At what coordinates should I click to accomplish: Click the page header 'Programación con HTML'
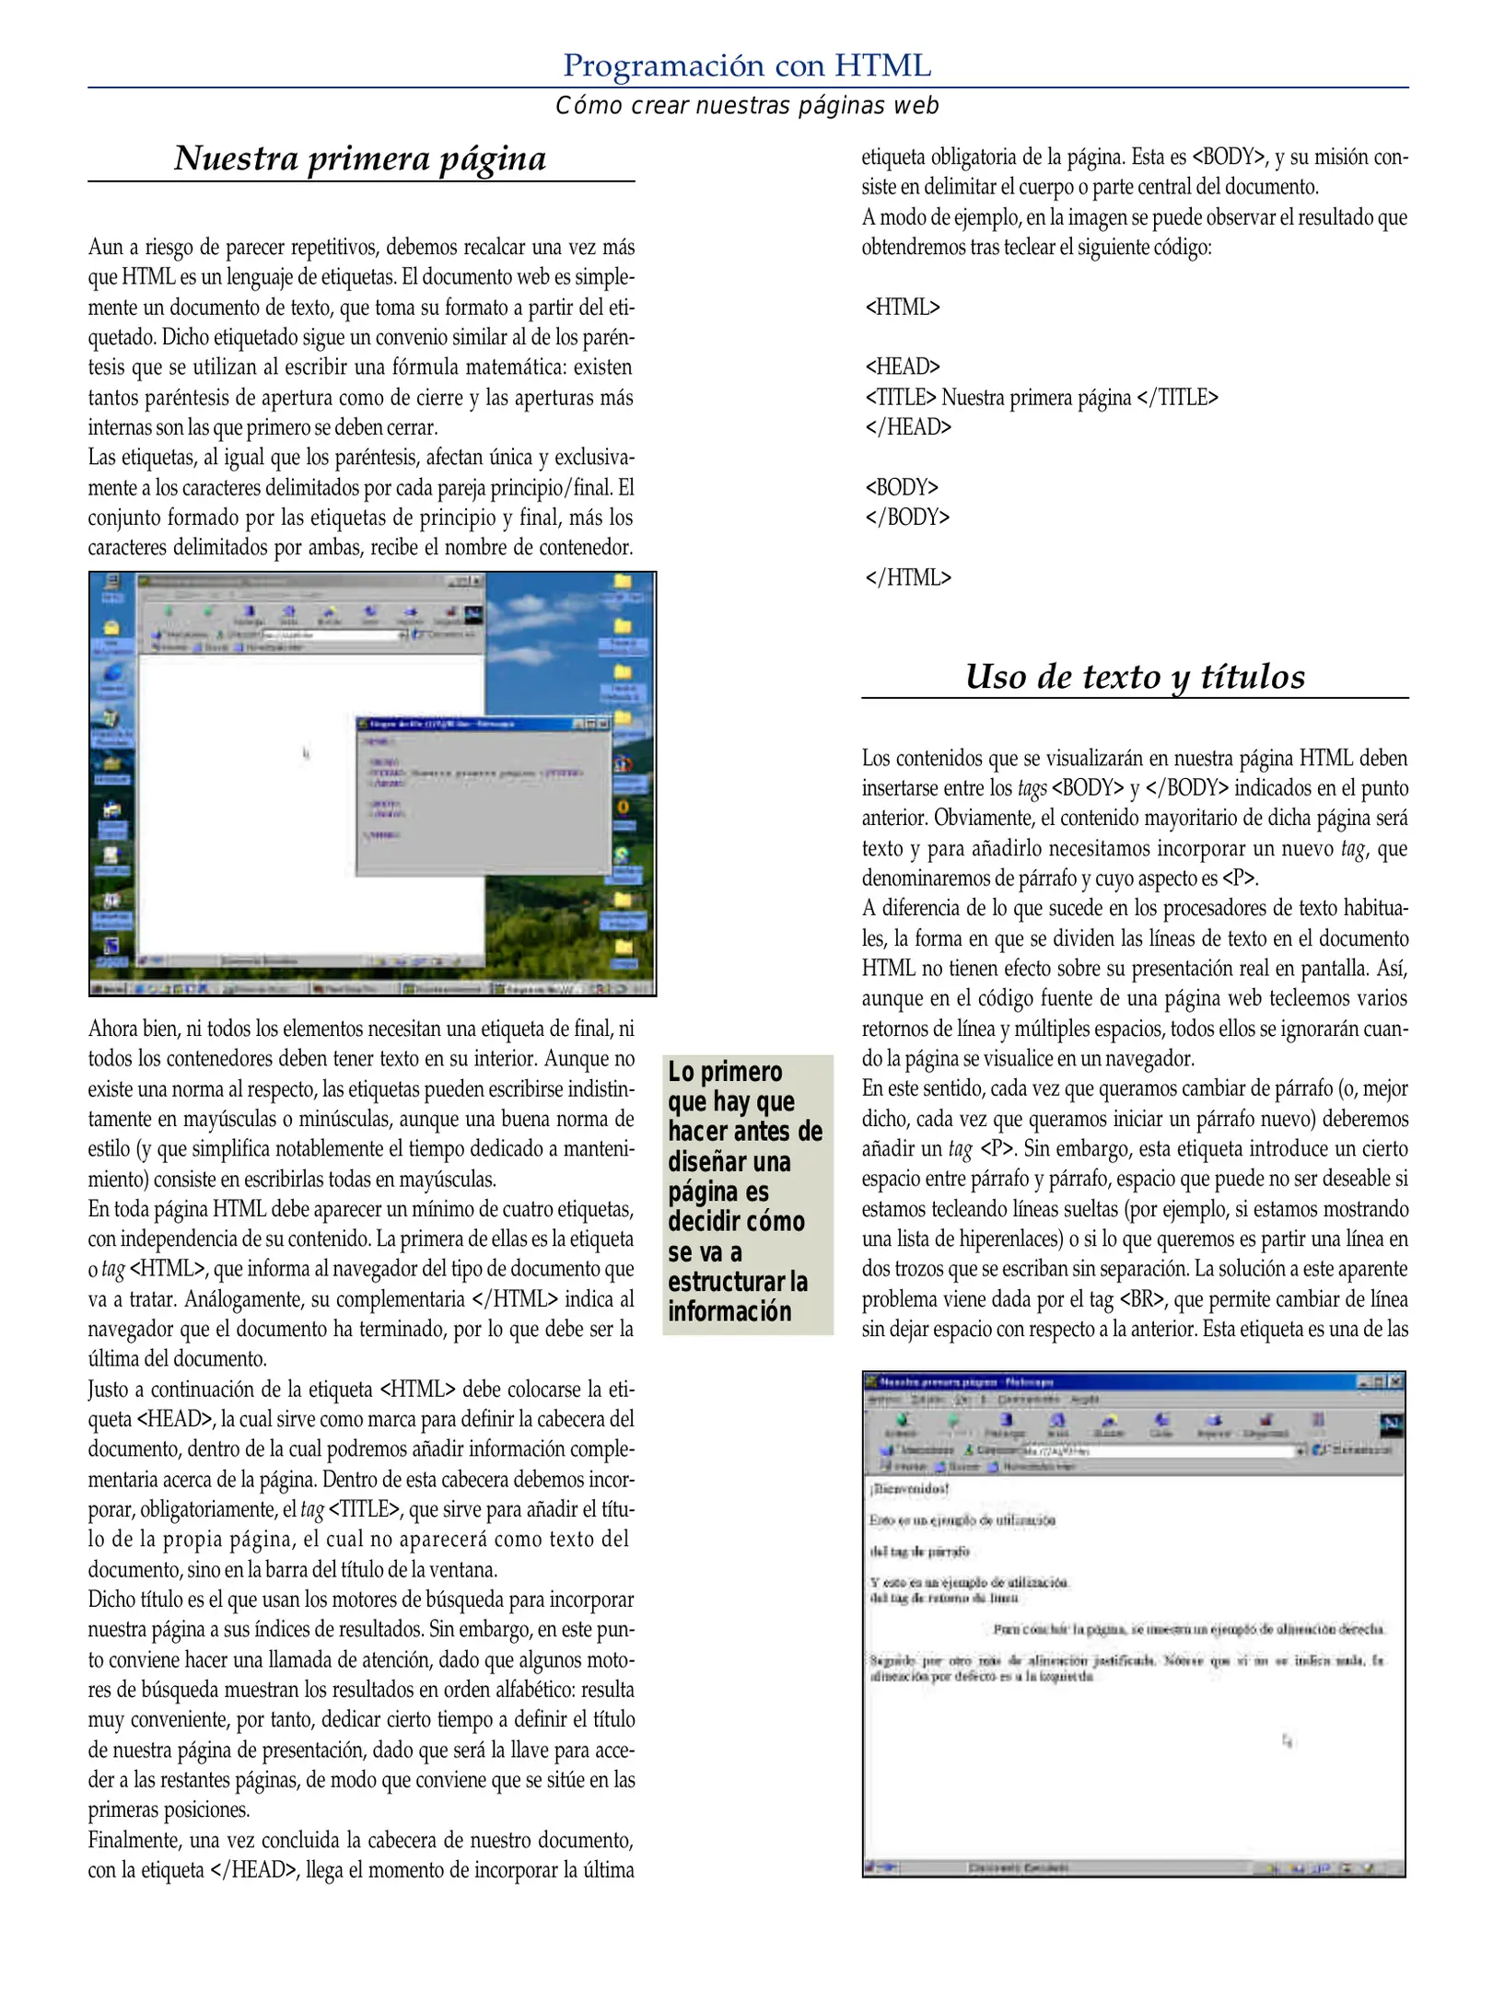click(746, 65)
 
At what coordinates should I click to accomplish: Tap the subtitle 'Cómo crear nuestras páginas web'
click(746, 106)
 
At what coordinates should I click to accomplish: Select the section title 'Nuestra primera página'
click(360, 158)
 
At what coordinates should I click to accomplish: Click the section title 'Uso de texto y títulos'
click(1135, 677)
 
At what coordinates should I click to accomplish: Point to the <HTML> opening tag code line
click(903, 308)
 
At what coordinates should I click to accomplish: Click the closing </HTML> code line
click(908, 577)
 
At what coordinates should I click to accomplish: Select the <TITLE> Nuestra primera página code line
click(1041, 398)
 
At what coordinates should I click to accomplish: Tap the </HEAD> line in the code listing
click(908, 427)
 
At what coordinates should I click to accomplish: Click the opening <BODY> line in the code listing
click(902, 487)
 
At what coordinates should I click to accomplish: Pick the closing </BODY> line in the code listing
click(907, 518)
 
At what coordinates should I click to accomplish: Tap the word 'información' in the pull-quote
click(729, 1311)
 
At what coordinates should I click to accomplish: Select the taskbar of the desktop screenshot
click(372, 988)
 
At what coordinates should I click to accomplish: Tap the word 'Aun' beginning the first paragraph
click(106, 248)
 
